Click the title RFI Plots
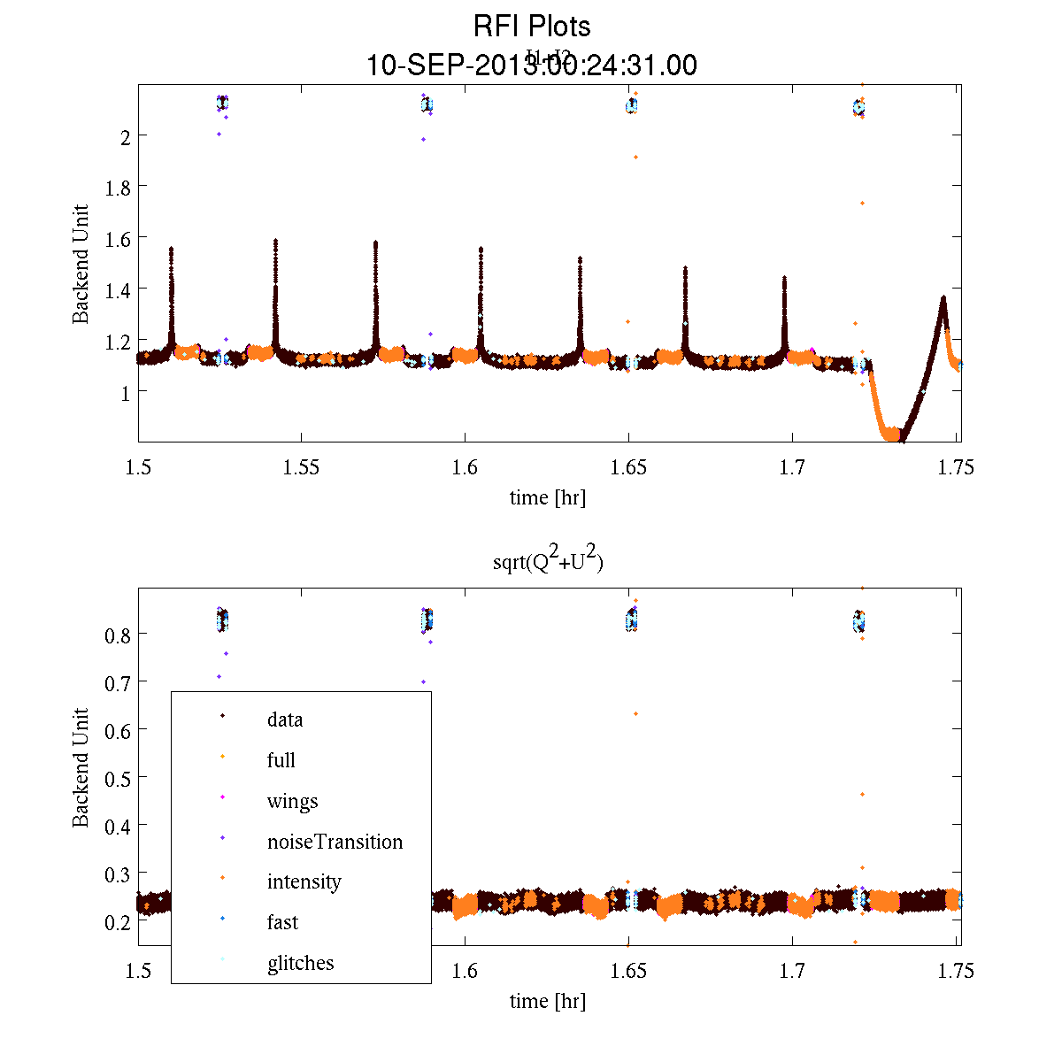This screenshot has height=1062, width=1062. pos(532,27)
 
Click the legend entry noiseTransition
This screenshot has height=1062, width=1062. pos(335,842)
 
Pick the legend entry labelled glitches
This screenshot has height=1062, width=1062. pos(300,963)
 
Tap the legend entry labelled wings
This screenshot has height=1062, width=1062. pos(292,801)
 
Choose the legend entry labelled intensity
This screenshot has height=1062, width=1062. pos(304,882)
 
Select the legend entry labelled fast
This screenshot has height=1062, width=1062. pos(282,922)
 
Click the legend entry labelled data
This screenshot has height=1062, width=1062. pos(284,720)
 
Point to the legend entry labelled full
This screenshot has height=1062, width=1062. pos(281,760)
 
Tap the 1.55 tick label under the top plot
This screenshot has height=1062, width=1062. pos(301,468)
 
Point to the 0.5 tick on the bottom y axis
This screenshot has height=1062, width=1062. pos(119,778)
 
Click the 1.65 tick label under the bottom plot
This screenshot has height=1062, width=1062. pos(628,972)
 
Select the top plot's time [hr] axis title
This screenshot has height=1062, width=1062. pos(548,497)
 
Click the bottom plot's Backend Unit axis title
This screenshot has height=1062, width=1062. pos(81,767)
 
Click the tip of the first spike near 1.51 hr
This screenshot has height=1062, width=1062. pos(171,250)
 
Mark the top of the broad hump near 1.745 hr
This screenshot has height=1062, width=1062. pos(943,298)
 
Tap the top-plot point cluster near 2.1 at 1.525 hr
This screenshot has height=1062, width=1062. pos(222,104)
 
